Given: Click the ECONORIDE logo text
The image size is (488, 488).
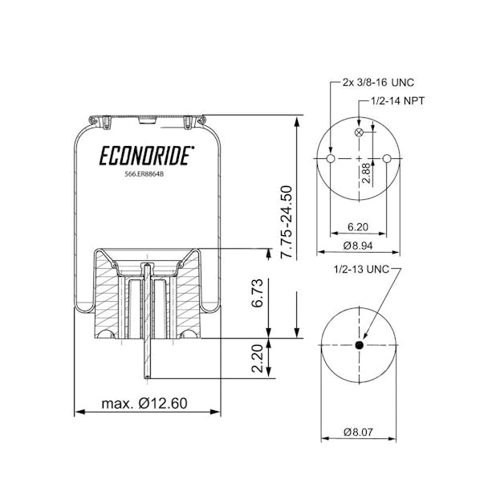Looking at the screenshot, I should tap(144, 154).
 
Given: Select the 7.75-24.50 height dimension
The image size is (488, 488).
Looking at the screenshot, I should tap(287, 221).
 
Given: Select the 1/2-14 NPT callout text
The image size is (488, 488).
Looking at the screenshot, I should tap(398, 101).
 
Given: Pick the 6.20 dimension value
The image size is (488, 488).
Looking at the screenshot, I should tap(358, 227).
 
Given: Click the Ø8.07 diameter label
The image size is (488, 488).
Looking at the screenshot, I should tap(358, 432).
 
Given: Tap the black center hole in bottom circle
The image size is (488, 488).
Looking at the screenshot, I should tap(359, 346).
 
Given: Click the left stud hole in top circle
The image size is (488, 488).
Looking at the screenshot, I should tap(329, 160).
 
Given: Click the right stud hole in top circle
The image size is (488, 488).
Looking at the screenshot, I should tap(388, 160).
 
